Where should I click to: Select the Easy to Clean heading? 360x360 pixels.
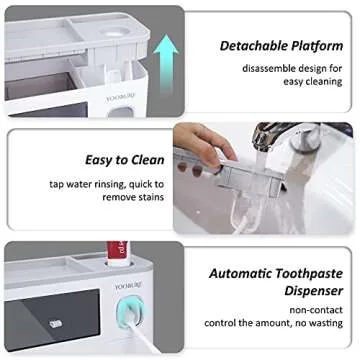pyautogui.click(x=96, y=160)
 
